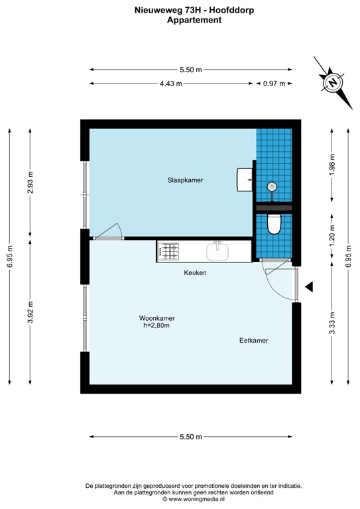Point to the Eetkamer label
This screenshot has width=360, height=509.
tap(254, 341)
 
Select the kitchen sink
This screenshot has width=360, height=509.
tap(217, 251)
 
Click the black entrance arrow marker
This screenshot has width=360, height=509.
tap(309, 286)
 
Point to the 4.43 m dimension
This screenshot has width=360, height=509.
tap(171, 84)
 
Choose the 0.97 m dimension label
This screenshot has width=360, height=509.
tap(273, 84)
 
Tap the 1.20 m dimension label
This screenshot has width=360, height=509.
tap(331, 235)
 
